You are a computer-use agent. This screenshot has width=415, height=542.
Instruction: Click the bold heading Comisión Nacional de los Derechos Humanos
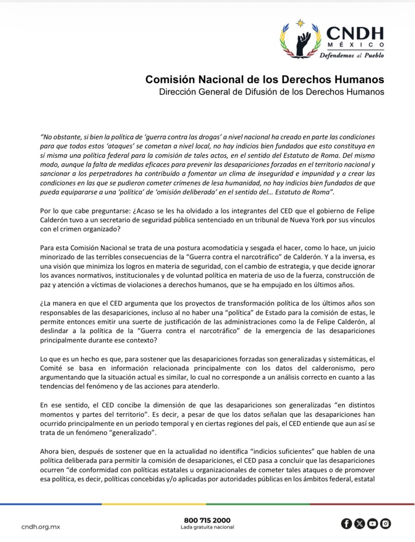tap(264, 79)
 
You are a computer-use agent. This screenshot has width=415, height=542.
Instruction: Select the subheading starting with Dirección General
tap(268, 92)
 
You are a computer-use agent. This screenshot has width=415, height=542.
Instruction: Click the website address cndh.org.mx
tap(41, 527)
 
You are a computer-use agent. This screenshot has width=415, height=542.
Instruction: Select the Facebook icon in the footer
tap(346, 523)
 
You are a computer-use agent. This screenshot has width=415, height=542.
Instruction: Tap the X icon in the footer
tap(359, 523)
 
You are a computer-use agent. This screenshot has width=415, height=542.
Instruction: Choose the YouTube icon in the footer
tap(373, 523)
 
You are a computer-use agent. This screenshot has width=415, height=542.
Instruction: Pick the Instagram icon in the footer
tap(386, 523)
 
